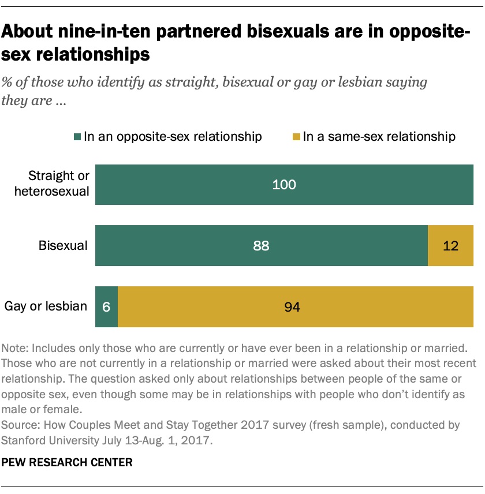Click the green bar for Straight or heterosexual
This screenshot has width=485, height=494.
284,185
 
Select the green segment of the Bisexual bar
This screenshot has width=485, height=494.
261,245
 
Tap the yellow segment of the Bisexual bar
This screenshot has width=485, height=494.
450,245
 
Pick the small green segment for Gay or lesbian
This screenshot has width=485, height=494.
106,306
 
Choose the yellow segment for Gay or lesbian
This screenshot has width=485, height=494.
296,306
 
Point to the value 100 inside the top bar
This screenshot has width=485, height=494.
284,185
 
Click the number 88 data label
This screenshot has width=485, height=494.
261,246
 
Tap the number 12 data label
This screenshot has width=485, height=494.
450,246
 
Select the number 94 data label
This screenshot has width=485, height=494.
293,306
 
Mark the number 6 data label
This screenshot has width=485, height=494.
106,306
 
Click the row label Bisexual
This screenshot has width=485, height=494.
63,246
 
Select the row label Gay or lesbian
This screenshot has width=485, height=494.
46,306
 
